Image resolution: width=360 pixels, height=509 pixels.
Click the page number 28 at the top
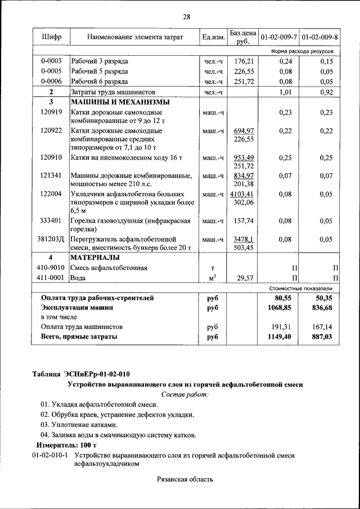point(186,17)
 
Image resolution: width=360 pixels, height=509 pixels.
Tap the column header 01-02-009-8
point(319,38)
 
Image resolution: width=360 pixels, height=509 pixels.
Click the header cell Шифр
point(51,38)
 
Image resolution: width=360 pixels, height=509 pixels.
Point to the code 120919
point(51,112)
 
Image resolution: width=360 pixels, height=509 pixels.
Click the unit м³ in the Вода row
point(213,278)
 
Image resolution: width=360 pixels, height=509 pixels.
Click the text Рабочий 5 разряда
point(100,71)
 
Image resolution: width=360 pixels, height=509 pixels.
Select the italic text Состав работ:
point(185,395)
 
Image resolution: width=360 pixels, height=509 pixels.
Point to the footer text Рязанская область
point(185,479)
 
